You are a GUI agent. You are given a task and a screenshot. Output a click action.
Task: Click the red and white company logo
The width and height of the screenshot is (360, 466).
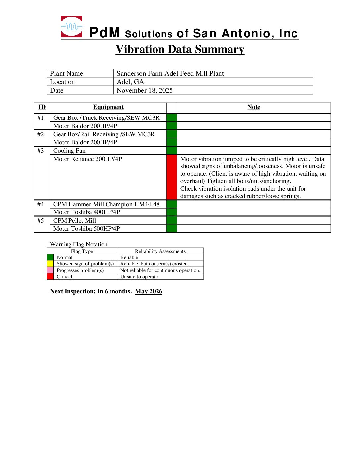tap(71, 26)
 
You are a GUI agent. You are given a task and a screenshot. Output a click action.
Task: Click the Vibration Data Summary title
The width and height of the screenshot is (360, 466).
tap(180, 49)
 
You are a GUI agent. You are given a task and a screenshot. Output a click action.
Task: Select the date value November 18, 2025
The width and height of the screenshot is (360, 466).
tap(145, 90)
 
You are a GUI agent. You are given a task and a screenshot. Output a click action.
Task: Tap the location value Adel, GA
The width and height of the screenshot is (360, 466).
tap(130, 82)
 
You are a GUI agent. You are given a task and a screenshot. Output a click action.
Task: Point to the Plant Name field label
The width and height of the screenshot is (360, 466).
tap(67, 73)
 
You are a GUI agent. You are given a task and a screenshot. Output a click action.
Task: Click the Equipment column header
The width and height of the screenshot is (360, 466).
tap(108, 107)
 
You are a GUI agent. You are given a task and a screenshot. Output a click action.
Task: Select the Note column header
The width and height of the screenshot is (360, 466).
tap(254, 107)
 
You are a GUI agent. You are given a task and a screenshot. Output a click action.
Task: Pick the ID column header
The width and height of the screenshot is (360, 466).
tap(42, 107)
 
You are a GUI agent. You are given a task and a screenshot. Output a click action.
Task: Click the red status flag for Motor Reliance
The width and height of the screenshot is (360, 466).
tap(172, 177)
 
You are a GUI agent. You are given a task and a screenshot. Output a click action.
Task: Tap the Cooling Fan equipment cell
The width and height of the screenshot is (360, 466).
tap(69, 151)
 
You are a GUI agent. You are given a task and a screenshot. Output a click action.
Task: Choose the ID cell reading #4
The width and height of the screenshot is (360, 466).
tap(41, 204)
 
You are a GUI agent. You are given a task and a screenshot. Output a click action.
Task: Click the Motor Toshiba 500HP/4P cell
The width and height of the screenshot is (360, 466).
tap(87, 229)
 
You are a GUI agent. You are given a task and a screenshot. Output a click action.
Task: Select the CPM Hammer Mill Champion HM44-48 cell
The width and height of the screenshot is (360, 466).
tap(106, 204)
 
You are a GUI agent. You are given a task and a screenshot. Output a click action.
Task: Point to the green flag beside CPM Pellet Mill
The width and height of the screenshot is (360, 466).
tap(172, 220)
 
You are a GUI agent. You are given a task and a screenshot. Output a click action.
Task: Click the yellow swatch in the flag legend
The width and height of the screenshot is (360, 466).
tap(50, 264)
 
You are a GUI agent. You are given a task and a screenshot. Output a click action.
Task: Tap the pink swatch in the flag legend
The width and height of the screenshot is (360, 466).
tap(50, 270)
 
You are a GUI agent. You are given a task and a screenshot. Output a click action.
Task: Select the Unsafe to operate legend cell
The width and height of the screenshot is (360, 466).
tap(139, 277)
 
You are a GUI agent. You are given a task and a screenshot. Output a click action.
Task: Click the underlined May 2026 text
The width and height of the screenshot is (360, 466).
tap(149, 291)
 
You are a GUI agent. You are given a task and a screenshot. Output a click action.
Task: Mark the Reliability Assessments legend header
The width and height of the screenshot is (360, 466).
tap(160, 251)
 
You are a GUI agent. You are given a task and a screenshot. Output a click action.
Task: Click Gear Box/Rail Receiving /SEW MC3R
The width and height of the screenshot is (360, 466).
tap(104, 134)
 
